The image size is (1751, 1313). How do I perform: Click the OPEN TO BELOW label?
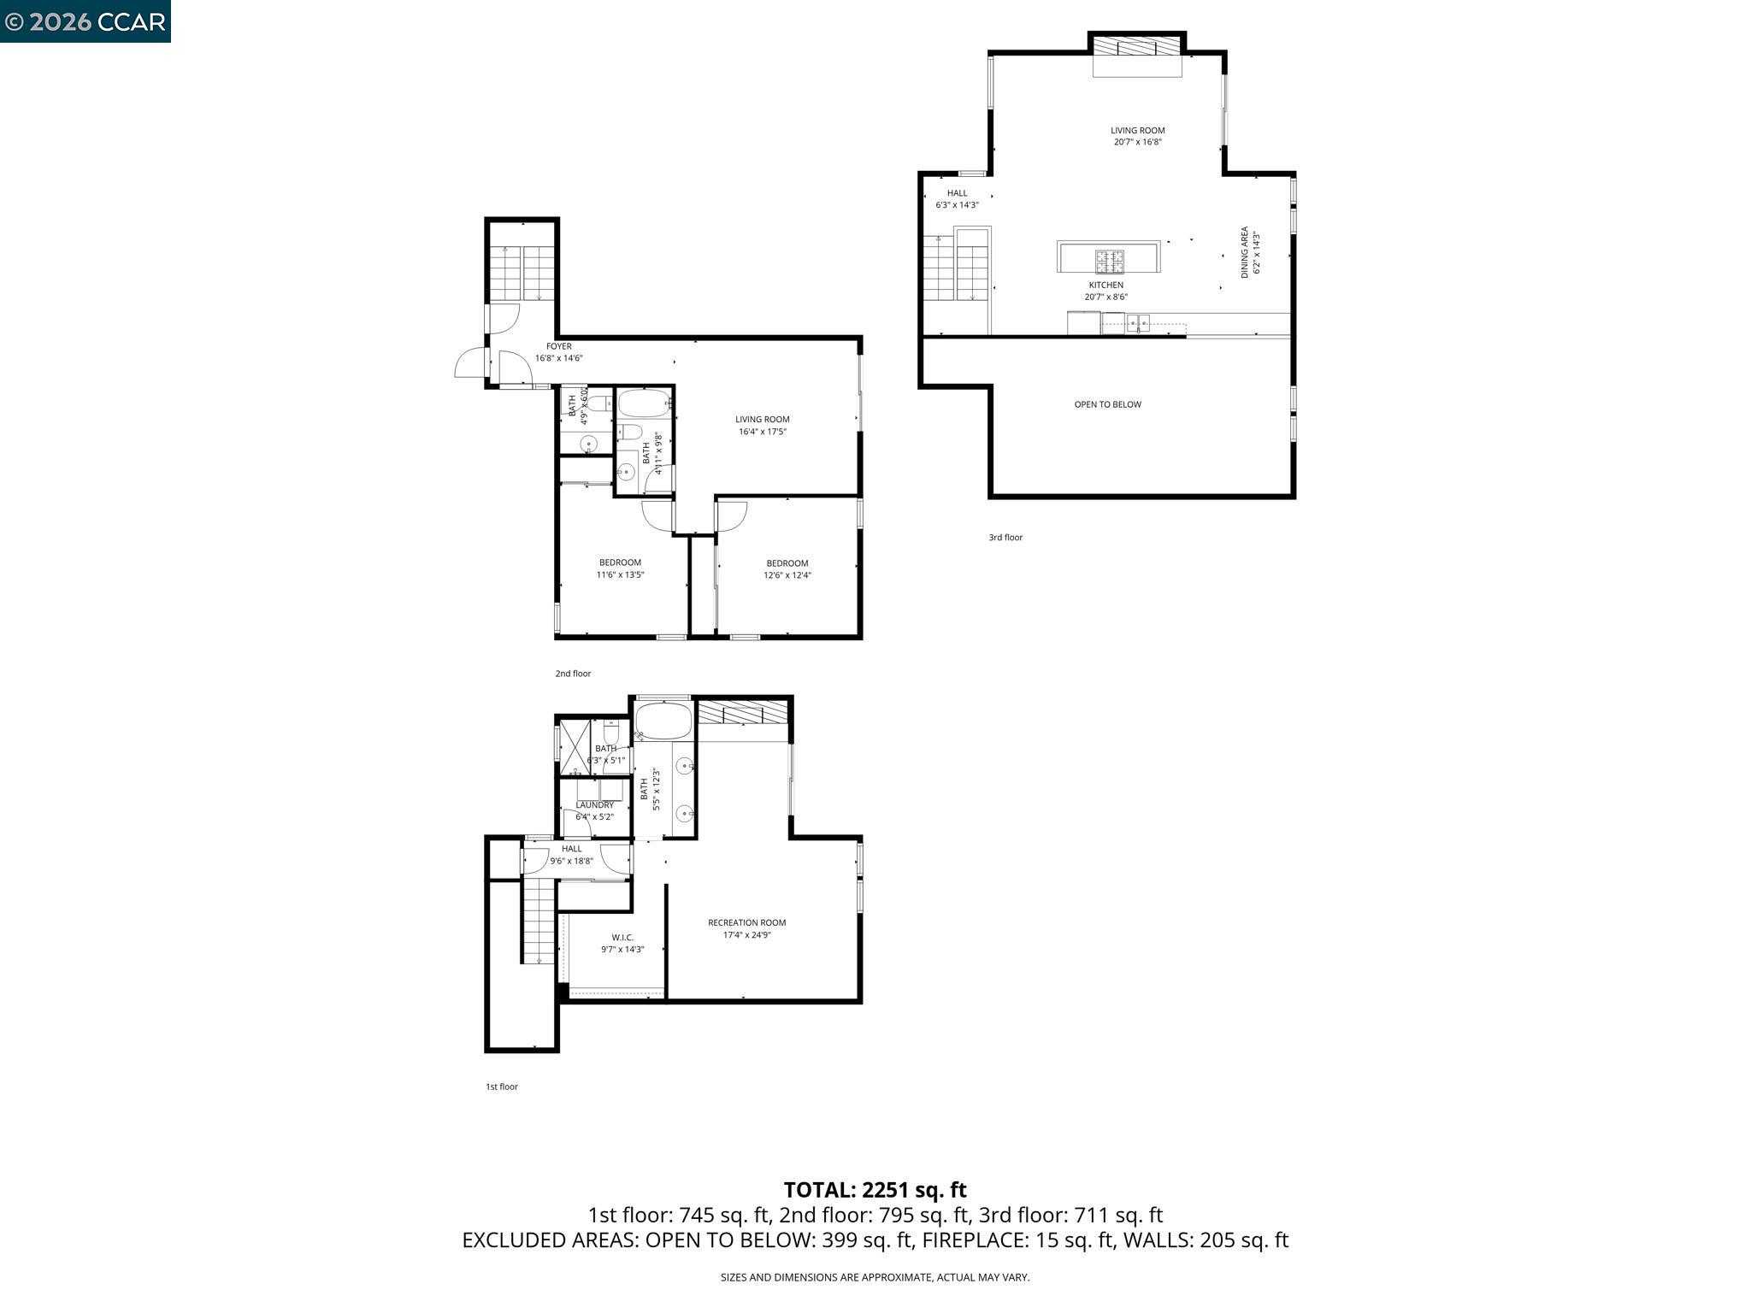[1107, 404]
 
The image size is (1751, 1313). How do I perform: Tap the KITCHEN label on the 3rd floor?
[1105, 286]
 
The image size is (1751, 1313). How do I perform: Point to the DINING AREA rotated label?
[1245, 251]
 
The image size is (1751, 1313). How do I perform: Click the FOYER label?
[558, 346]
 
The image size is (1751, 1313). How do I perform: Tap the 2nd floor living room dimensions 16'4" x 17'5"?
[762, 432]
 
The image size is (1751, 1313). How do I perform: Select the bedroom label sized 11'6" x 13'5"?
[620, 562]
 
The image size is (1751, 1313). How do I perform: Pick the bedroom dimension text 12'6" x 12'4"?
[787, 575]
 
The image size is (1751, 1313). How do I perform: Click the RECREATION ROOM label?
[746, 922]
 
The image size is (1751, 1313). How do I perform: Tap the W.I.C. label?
[622, 938]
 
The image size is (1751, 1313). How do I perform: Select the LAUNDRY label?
[594, 805]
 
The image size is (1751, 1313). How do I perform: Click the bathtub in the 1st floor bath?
[663, 721]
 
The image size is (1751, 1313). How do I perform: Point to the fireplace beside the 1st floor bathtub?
[741, 713]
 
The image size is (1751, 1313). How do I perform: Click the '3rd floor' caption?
[1005, 538]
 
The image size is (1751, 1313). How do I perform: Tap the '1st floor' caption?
[502, 1086]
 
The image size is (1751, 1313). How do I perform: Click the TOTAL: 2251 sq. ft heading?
[875, 1189]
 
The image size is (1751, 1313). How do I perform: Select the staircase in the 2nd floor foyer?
[522, 273]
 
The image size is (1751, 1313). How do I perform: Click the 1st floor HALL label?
[571, 849]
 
